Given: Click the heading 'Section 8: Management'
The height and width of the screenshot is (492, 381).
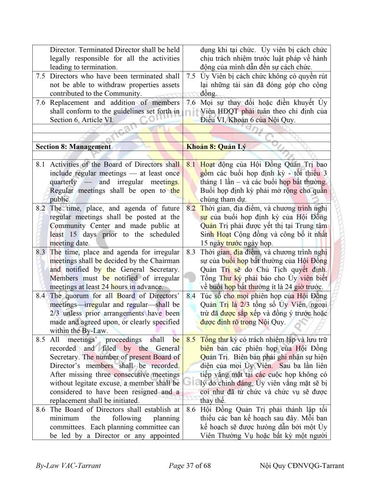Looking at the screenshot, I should point(73,147).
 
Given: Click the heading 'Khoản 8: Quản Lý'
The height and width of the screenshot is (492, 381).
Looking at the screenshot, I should point(214,147).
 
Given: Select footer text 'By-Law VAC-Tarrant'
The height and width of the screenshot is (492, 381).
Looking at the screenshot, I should point(68,466).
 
